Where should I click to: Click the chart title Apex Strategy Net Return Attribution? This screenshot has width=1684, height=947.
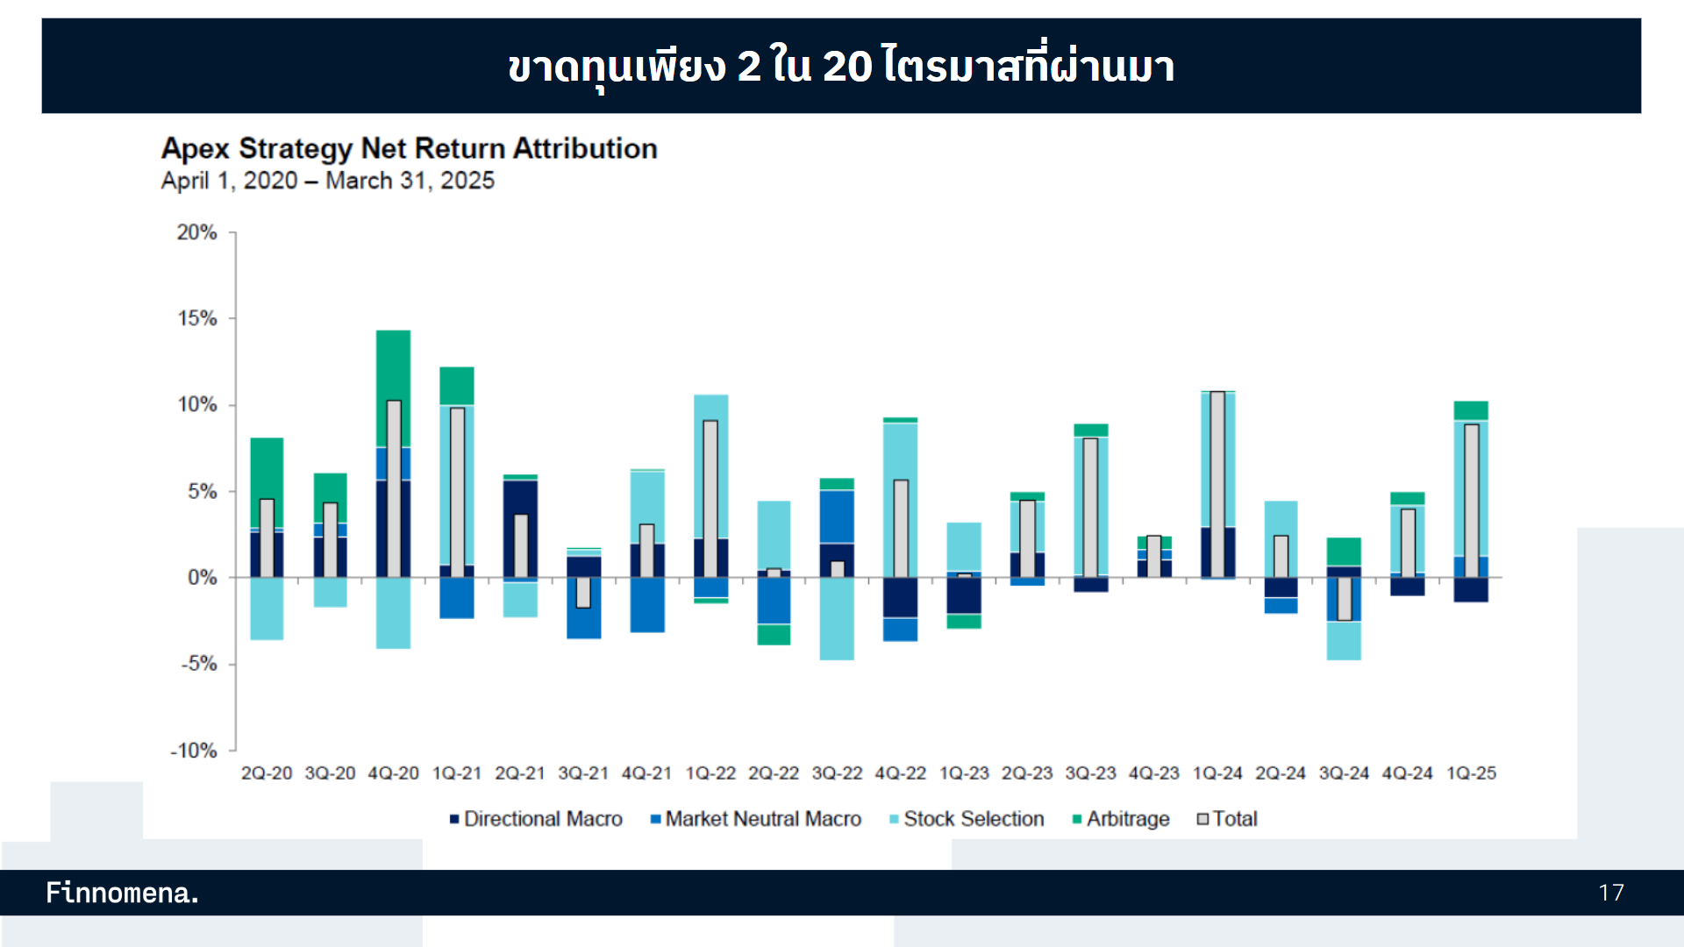[x=409, y=148]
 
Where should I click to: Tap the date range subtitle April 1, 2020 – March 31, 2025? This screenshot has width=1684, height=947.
[x=327, y=181]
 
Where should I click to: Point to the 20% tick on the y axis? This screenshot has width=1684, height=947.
[x=197, y=232]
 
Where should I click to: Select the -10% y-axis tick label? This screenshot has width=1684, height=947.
[x=194, y=751]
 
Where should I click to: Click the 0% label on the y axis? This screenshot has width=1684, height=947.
[x=203, y=578]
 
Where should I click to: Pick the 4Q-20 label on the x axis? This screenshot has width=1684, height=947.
[x=394, y=773]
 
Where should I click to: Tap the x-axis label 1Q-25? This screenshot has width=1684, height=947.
[x=1471, y=773]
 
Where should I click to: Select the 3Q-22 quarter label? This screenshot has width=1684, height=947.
[x=838, y=773]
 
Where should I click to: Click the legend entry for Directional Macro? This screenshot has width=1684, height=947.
[x=536, y=819]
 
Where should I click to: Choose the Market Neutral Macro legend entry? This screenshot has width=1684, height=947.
[x=756, y=819]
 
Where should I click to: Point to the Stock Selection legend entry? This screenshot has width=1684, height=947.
[x=967, y=819]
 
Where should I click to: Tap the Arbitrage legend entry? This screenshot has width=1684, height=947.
[x=1121, y=819]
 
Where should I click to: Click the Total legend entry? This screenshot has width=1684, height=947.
[x=1228, y=819]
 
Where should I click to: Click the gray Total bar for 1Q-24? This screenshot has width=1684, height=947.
[x=1217, y=484]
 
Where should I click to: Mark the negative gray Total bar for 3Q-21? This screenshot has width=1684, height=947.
[x=583, y=593]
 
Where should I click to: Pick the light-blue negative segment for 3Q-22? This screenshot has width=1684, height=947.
[x=838, y=619]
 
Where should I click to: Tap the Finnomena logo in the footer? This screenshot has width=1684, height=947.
[x=123, y=893]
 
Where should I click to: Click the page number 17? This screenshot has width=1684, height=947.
[x=1611, y=893]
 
